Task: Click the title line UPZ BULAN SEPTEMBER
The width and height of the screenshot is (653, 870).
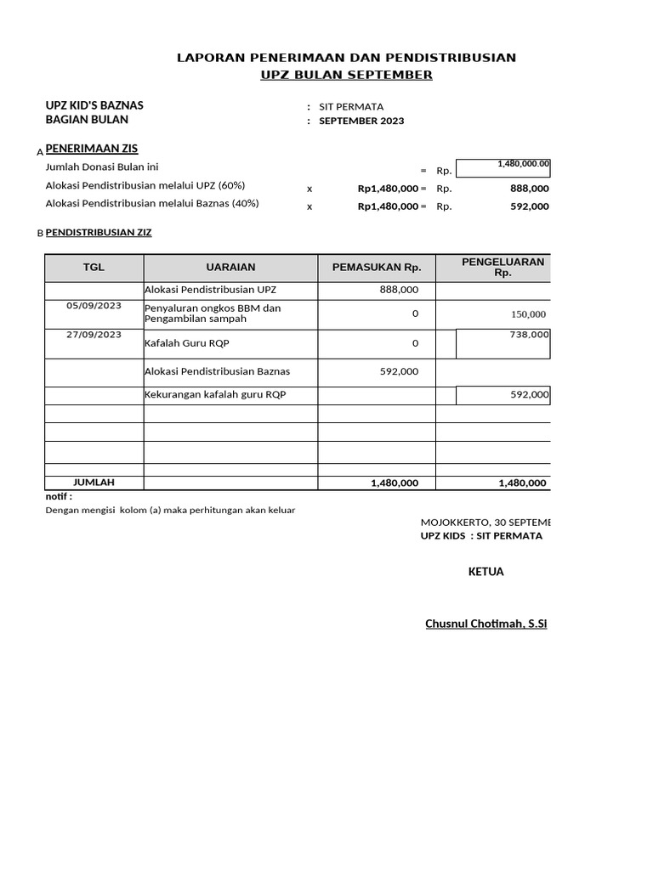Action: coord(346,75)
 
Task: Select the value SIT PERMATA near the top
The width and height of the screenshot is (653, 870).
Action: coord(351,107)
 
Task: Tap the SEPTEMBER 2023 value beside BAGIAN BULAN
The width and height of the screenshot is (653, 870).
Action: coord(361,121)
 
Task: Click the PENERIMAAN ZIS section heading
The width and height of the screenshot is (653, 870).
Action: coord(91,149)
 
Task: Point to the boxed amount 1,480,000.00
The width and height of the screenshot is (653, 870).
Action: coord(524,164)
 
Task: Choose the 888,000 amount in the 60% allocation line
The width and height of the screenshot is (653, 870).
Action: coord(529,189)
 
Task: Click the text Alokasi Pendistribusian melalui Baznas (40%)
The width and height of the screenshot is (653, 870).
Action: coord(151,204)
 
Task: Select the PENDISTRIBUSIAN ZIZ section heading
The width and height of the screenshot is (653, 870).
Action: coord(98,232)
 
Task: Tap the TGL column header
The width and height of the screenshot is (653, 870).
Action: coord(94,268)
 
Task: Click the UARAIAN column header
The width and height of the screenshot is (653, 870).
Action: coord(230,268)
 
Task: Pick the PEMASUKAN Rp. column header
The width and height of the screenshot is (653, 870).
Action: coord(377,268)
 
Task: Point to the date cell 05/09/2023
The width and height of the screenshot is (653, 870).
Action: coord(94,306)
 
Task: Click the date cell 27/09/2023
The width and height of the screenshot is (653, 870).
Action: coord(94,335)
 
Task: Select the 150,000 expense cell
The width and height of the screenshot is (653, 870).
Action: coord(528,314)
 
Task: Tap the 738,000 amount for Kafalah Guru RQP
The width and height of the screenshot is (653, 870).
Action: coord(529,336)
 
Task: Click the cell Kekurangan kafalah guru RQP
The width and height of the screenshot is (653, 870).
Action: coord(215,395)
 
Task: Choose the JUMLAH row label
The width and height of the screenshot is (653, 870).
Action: coord(94,482)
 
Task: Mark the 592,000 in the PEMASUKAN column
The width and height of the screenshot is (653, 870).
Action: coord(399,371)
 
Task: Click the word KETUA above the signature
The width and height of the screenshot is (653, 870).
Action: coord(485,572)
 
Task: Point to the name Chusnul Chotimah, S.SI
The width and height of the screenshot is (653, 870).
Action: coord(485,624)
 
